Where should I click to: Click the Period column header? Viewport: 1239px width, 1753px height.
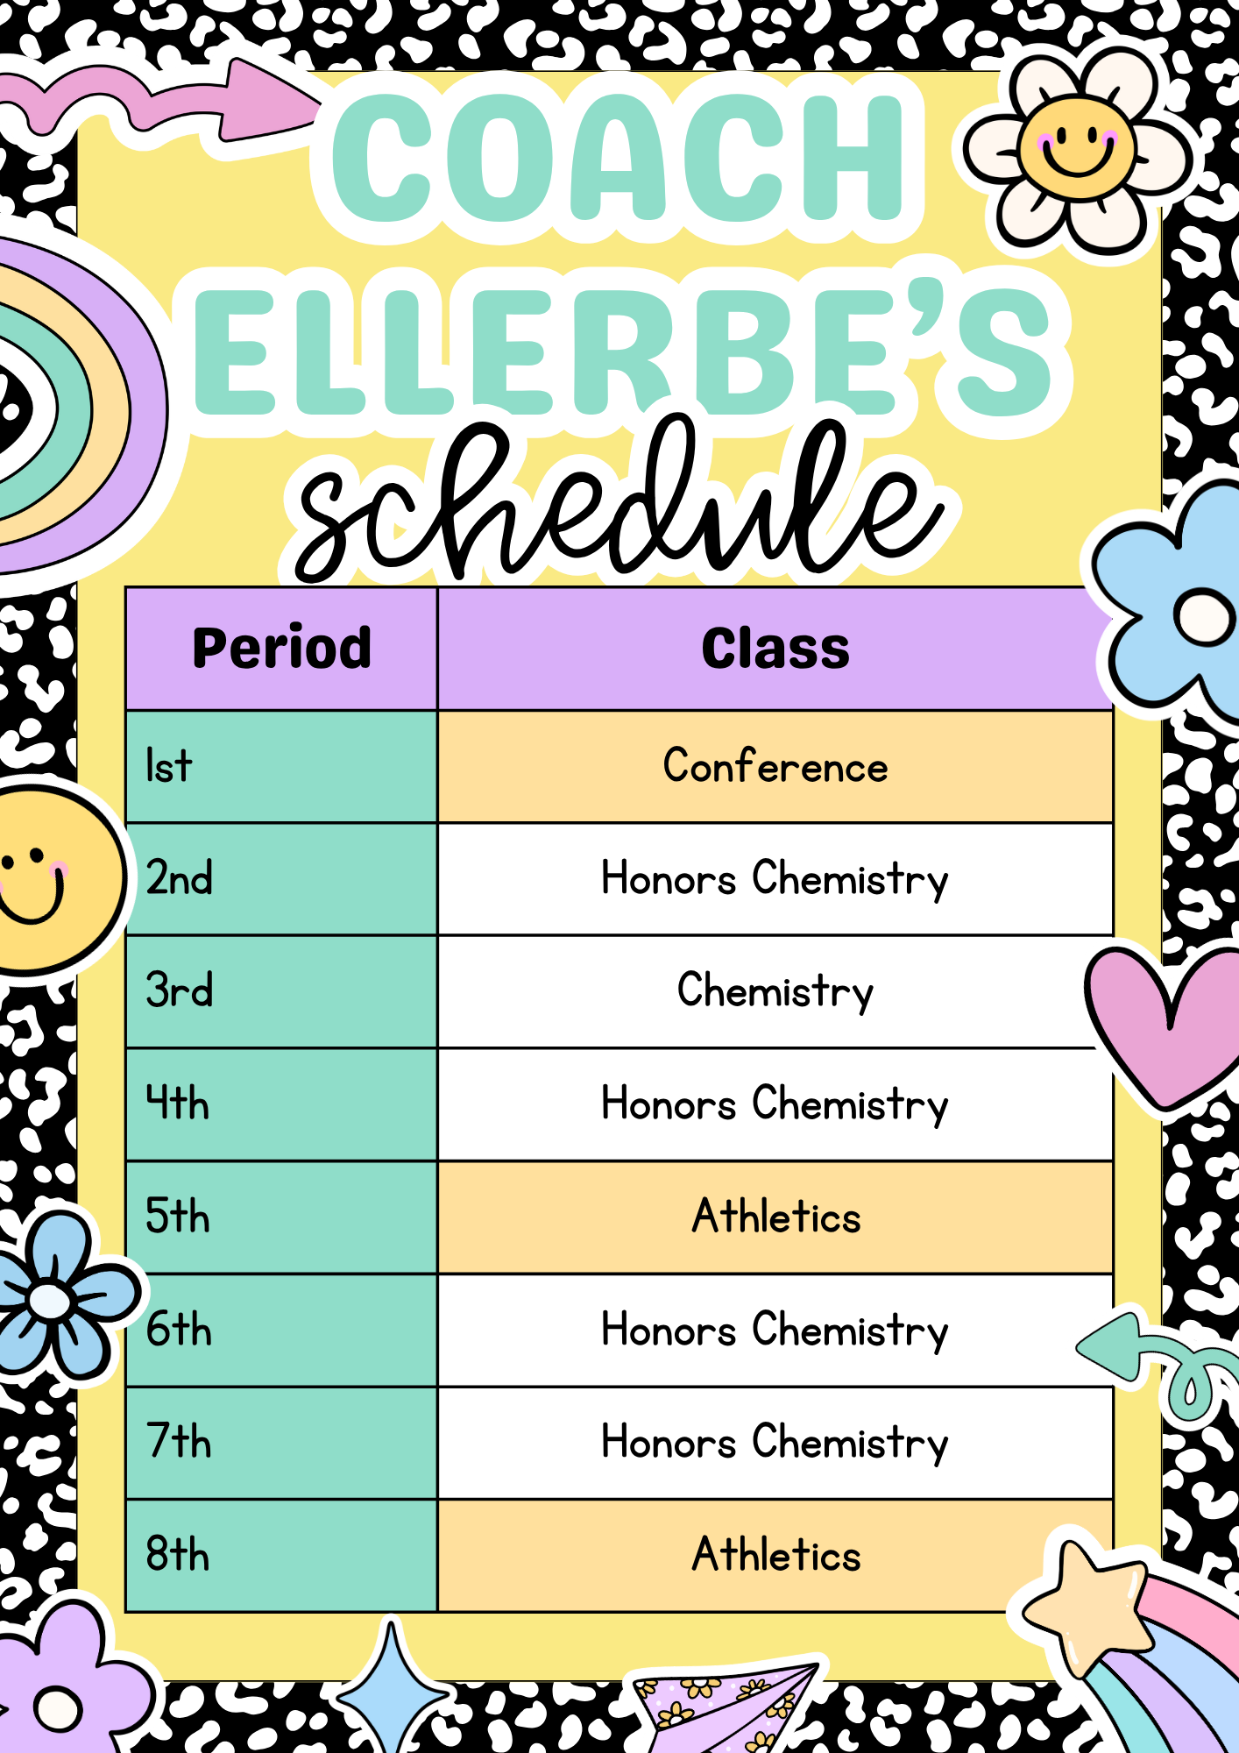pos(281,649)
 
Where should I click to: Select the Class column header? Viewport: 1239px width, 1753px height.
pos(775,649)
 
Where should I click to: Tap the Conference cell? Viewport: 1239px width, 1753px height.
pos(775,767)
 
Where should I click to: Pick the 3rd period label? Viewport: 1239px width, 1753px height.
pos(180,990)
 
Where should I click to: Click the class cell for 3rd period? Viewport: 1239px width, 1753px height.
pos(775,991)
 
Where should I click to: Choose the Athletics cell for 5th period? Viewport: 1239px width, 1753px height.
pos(775,1217)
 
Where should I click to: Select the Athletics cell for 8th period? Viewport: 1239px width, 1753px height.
pos(775,1555)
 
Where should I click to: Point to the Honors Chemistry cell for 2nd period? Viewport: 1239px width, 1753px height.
pos(775,879)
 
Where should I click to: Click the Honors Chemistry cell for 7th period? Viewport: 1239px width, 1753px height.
pos(775,1443)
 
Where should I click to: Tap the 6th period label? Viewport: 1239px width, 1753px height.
pos(179,1329)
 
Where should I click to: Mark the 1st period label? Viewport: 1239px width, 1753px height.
pos(168,765)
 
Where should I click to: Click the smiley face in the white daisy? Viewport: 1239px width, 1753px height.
pos(1077,149)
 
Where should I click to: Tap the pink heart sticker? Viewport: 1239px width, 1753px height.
pos(1165,1026)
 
